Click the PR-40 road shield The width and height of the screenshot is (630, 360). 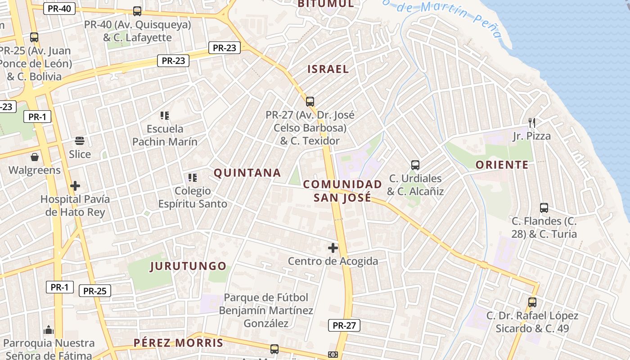pos(59,8)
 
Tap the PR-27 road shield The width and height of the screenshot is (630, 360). pos(344,325)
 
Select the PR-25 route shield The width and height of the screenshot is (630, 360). pos(94,291)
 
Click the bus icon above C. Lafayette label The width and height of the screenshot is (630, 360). pos(137,11)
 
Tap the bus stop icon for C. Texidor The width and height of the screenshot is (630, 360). pos(310,102)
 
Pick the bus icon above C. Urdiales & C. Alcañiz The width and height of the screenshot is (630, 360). pos(415,165)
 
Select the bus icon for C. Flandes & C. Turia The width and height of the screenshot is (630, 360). pos(544,208)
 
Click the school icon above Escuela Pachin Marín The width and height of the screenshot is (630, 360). pos(165,116)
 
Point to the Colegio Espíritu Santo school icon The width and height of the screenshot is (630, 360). pos(192,178)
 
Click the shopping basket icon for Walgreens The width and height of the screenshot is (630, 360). pos(34,157)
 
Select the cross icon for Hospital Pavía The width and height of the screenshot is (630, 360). pos(75,186)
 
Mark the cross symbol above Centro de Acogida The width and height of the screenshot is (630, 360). pos(333,248)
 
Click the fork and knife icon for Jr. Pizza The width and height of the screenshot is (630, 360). pos(531,122)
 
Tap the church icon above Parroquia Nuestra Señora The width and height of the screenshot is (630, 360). pos(49,330)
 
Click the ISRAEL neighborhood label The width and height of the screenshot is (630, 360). pos(328,69)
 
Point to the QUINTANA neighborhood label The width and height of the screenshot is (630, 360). pos(247,173)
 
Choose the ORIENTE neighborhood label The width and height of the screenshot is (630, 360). pos(502,165)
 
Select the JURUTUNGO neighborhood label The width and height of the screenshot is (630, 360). pos(188,266)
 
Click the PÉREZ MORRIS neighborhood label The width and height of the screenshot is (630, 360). pos(178,343)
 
